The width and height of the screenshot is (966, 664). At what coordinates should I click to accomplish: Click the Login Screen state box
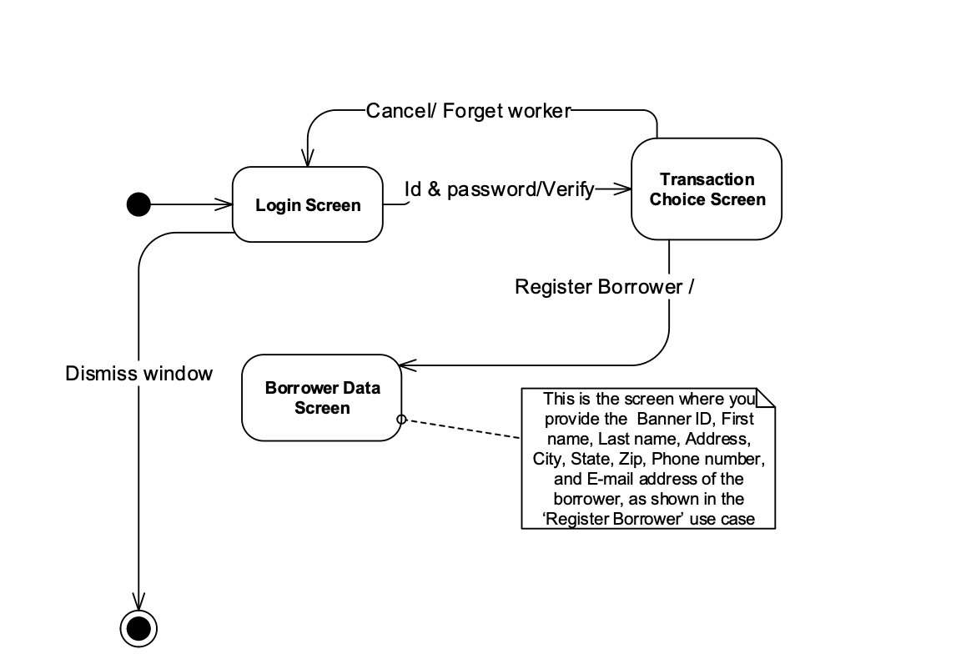(x=307, y=205)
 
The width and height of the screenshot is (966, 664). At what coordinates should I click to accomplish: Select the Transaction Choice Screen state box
(x=707, y=189)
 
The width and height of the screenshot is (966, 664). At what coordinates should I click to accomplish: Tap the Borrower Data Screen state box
(x=322, y=398)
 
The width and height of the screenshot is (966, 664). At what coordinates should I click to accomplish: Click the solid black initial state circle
(x=138, y=204)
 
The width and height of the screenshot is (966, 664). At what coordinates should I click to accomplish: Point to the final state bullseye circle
(x=138, y=627)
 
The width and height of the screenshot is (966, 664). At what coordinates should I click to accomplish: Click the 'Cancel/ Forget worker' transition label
(x=468, y=110)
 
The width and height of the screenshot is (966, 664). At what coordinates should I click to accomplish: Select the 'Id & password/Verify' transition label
(x=499, y=189)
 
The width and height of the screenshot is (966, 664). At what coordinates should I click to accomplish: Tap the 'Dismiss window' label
(x=138, y=373)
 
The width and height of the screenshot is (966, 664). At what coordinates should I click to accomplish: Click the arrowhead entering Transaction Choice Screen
(x=623, y=189)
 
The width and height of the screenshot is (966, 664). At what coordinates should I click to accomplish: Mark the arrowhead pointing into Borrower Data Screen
(x=406, y=365)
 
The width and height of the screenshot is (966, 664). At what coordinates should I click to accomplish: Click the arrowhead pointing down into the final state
(x=138, y=601)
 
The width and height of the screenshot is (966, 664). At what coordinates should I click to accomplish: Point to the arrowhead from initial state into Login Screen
(x=224, y=204)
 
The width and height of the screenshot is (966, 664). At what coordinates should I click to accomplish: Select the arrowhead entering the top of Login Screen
(x=308, y=159)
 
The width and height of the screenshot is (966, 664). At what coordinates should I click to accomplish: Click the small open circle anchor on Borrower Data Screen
(x=400, y=419)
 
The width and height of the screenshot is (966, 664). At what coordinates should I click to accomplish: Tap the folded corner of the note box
(x=765, y=398)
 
